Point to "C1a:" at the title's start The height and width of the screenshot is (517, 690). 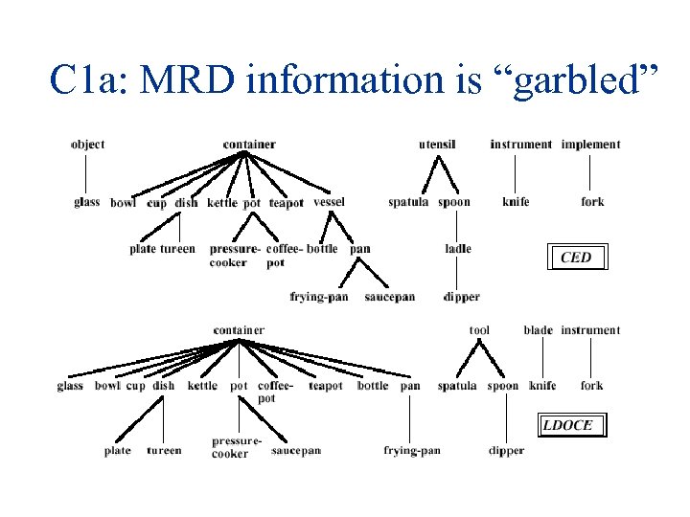pos(90,79)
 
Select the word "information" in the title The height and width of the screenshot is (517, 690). pos(353,79)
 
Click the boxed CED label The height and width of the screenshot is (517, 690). pos(576,258)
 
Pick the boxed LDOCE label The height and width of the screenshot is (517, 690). pos(568,425)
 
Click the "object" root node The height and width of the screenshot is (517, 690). pos(87,145)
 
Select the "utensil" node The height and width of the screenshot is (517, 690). pos(437,145)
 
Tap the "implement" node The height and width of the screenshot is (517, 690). pos(590,145)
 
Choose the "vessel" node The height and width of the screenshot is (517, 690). pos(329,202)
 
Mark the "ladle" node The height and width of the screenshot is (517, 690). pos(458,249)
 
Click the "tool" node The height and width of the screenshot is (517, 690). pos(479,330)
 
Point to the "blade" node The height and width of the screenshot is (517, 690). pos(538,330)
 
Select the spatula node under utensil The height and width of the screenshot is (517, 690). pos(408,202)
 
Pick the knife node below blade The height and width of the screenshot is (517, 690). pos(542,386)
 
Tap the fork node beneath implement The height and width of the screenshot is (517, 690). pos(592,202)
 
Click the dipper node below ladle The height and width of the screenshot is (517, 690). pos(461,297)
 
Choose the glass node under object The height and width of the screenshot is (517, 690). pos(86,202)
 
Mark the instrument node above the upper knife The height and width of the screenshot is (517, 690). pos(520,145)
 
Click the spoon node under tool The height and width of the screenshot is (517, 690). pos(503,386)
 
